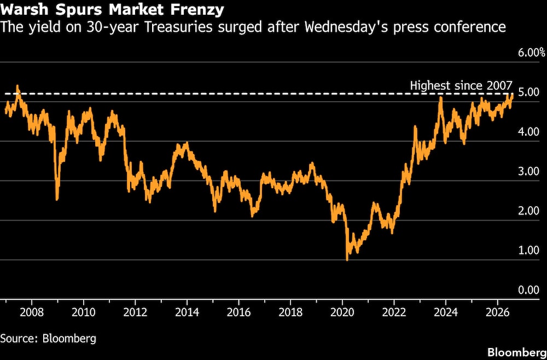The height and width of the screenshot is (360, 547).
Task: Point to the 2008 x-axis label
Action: pos(32,312)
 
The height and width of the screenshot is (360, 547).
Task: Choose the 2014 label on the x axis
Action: pos(187,312)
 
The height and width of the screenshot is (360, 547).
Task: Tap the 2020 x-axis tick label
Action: pos(342,312)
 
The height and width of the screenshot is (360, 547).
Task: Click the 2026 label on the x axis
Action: pos(497,312)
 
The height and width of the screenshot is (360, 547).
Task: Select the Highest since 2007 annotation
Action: pos(461,85)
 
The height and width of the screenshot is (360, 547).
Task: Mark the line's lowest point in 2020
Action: pos(347,260)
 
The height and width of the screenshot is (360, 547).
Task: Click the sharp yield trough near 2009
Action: pos(57,199)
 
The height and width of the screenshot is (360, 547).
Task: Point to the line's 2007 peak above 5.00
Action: pos(18,86)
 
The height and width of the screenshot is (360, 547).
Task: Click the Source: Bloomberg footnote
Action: pos(48,338)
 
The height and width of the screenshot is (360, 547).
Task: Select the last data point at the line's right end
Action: pos(513,94)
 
